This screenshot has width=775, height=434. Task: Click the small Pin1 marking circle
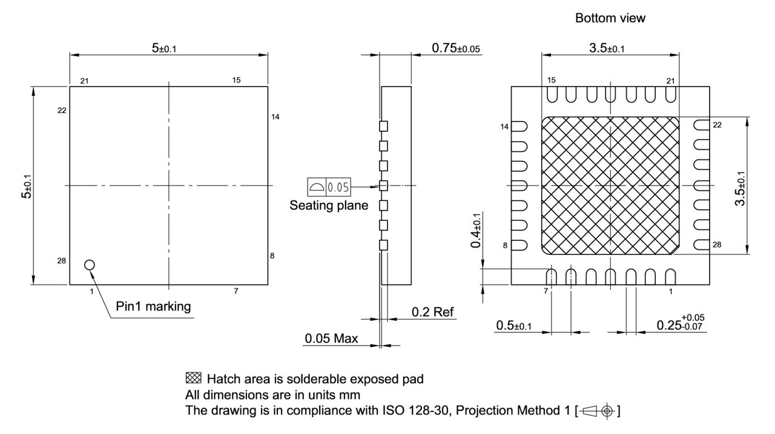click(x=90, y=265)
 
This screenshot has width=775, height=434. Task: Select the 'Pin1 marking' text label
click(x=154, y=307)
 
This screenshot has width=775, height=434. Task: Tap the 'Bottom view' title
click(x=610, y=19)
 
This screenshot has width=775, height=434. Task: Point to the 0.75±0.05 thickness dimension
click(x=457, y=47)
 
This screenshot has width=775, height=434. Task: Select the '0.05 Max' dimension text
click(x=330, y=339)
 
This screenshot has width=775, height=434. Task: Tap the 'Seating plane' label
click(x=329, y=205)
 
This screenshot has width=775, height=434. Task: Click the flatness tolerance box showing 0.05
click(x=329, y=186)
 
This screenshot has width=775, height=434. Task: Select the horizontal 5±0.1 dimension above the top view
click(x=165, y=47)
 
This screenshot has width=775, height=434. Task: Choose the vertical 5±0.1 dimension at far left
click(x=27, y=185)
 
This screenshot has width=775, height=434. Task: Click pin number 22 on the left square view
click(x=62, y=110)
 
